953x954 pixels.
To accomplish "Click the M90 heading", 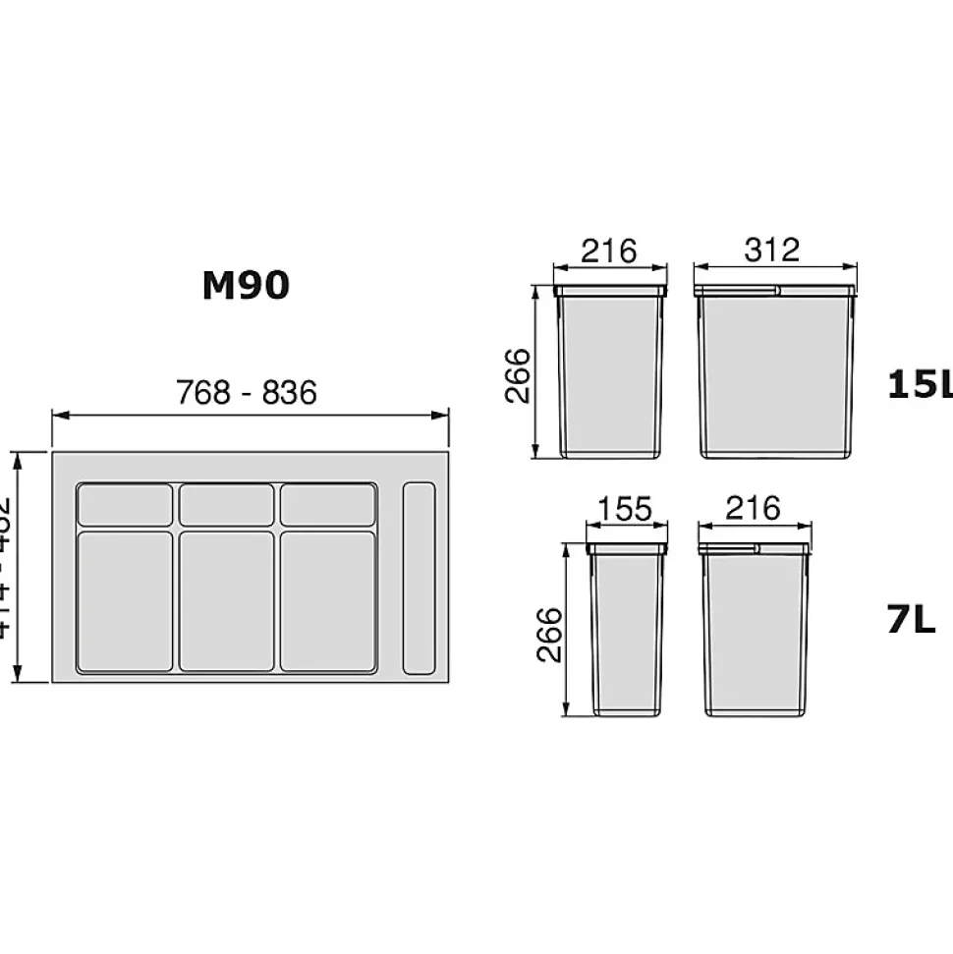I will point(246,285).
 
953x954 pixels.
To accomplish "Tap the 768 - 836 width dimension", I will point(247,392).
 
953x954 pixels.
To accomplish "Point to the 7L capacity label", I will point(911,620).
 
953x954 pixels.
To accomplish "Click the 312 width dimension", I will point(772,251).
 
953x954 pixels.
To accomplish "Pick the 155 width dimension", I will point(625,509).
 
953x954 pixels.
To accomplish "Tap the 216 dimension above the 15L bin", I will point(609,251).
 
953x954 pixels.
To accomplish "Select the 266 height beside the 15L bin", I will point(518,374).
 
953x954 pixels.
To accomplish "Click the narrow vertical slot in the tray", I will point(420,578).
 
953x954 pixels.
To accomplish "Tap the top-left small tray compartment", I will point(125,505).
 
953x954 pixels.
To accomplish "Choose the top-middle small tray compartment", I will point(226,505).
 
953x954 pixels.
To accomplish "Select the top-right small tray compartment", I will point(327,505).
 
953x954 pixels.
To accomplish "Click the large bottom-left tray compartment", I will point(125,601).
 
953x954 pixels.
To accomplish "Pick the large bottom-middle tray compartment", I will point(226,601).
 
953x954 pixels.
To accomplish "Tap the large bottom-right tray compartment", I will point(327,601).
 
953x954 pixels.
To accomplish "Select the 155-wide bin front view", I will point(626,629).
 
